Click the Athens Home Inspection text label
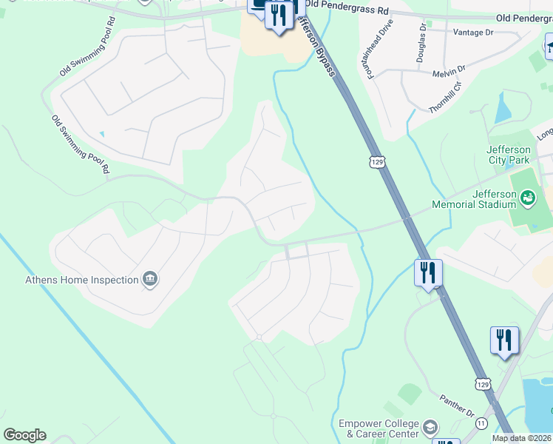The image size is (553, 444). tap(82, 280)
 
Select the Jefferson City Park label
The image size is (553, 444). tap(509, 155)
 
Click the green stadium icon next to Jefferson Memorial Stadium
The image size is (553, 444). tap(527, 197)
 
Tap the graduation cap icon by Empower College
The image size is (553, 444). tap(430, 427)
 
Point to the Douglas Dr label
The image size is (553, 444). tap(421, 41)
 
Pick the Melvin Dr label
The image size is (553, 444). tap(450, 69)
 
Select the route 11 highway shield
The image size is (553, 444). tap(481, 423)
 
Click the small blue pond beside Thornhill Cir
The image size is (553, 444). tap(503, 110)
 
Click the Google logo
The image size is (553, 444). tap(24, 435)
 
